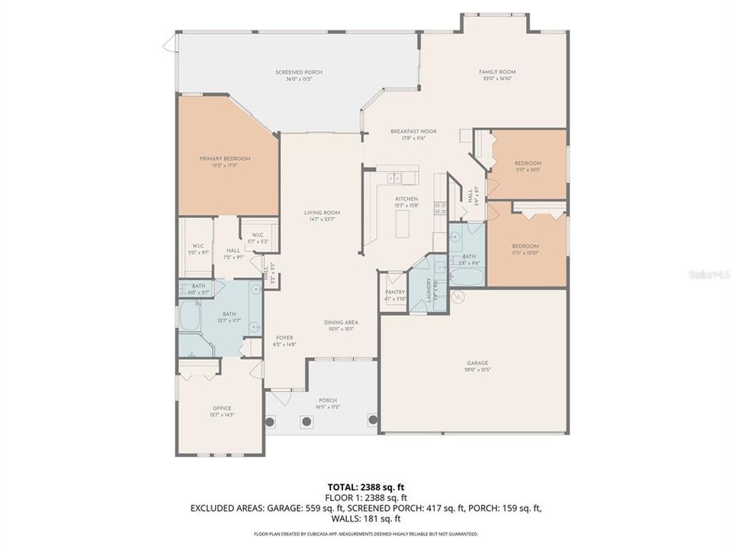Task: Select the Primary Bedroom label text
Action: [x=225, y=159]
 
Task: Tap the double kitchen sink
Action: [x=395, y=179]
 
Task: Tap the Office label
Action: [x=222, y=408]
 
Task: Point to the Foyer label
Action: [x=284, y=338]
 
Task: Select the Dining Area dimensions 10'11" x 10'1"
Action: [x=342, y=329]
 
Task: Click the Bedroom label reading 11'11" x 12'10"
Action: [x=525, y=246]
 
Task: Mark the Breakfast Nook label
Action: [x=407, y=132]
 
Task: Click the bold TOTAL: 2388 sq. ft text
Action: [x=365, y=486]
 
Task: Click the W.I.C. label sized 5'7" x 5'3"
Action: [x=256, y=235]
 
